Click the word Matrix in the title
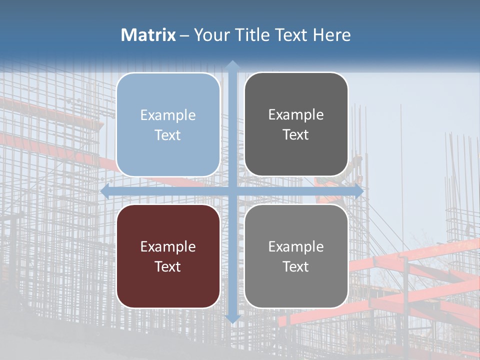click(x=148, y=35)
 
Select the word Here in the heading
click(x=332, y=35)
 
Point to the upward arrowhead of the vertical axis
click(x=232, y=65)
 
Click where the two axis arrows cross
click(x=232, y=191)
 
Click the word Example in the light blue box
click(x=168, y=115)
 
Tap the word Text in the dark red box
click(x=168, y=266)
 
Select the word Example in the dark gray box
click(x=296, y=115)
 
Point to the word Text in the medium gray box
click(x=296, y=266)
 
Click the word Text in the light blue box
click(x=168, y=135)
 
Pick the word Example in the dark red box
click(x=168, y=246)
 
